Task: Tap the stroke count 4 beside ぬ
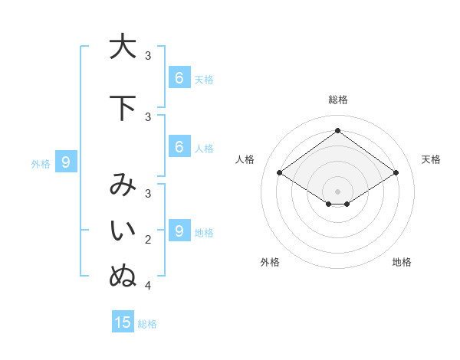pos(148,286)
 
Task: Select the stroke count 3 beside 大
pos(148,56)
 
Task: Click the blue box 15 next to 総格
pos(123,322)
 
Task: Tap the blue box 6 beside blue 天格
pos(179,77)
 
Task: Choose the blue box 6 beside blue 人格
pos(179,146)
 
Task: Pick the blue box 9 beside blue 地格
pos(179,231)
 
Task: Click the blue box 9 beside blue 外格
pos(66,162)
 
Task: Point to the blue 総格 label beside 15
pos(147,324)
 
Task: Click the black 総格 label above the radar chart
pos(337,100)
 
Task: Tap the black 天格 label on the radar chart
pos(431,159)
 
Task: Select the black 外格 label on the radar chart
pos(270,262)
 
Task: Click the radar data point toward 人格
pos(279,173)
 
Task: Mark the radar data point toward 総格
pos(337,131)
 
